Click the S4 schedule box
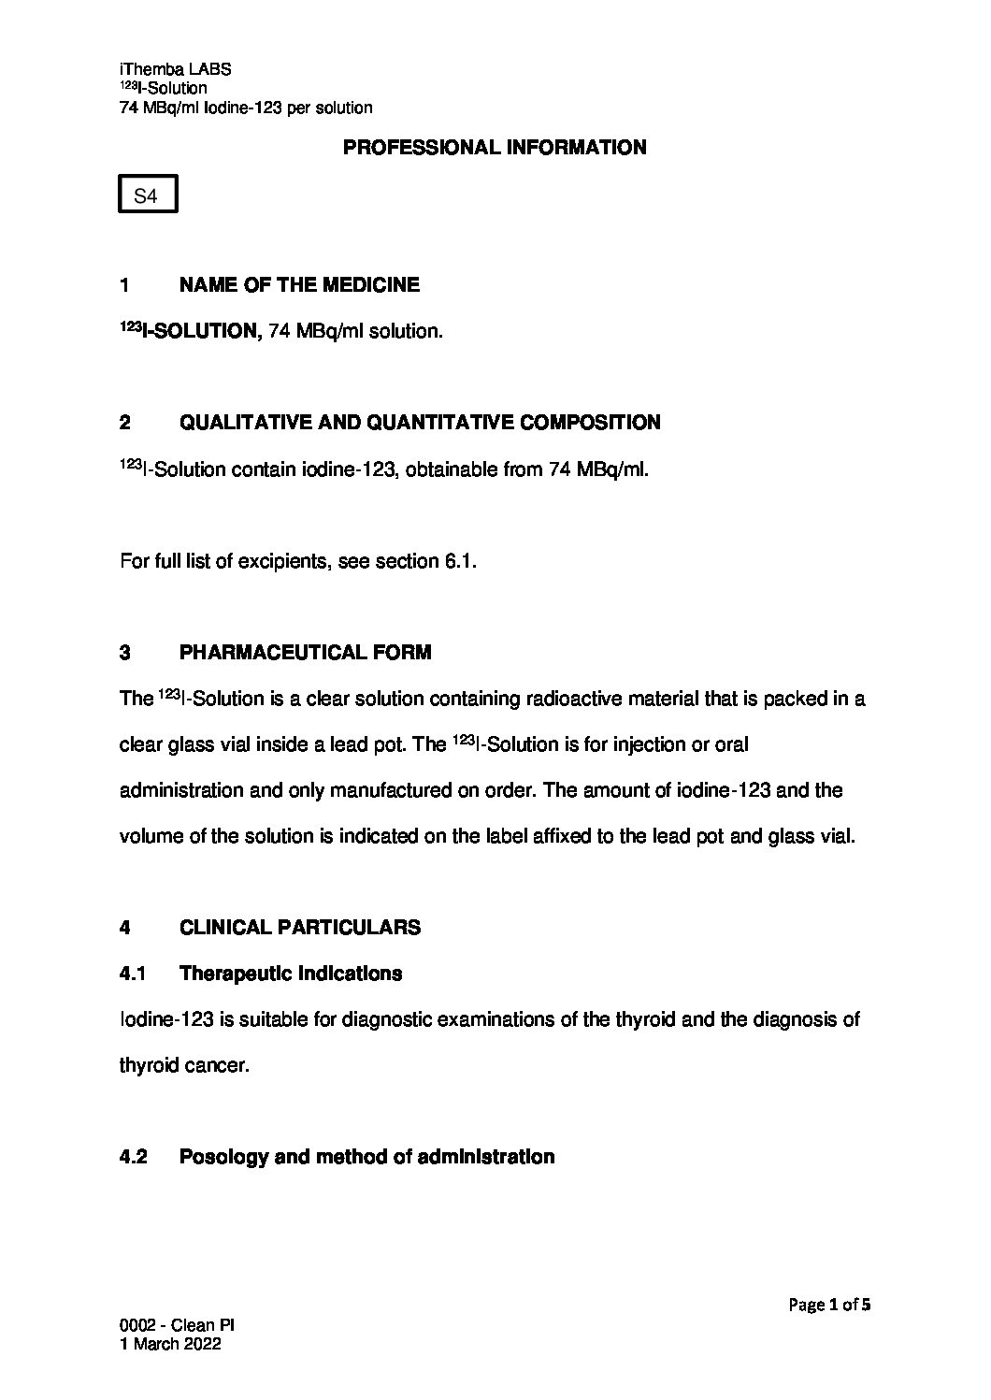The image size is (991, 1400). click(147, 195)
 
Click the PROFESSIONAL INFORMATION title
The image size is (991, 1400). click(495, 148)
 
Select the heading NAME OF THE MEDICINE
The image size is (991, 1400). click(299, 285)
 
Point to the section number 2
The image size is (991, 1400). click(125, 423)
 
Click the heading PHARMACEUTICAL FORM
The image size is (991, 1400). click(305, 653)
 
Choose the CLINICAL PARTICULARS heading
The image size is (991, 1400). click(299, 928)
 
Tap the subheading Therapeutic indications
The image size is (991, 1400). click(290, 974)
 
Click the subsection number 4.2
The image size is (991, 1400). click(134, 1157)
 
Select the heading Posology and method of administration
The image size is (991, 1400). click(366, 1157)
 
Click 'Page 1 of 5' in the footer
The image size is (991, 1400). click(830, 1305)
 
